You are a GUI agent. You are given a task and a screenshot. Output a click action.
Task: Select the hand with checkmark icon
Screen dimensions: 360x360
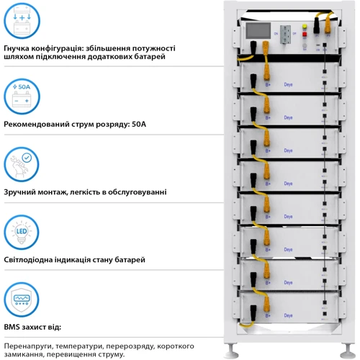tap(22, 165)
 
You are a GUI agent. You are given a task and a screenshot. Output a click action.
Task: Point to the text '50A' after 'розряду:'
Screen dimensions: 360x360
tap(136, 124)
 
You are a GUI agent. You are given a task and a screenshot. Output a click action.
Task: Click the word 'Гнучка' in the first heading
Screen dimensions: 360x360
tap(18, 48)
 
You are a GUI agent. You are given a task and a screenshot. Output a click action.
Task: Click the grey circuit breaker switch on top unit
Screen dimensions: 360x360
tap(286, 36)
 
